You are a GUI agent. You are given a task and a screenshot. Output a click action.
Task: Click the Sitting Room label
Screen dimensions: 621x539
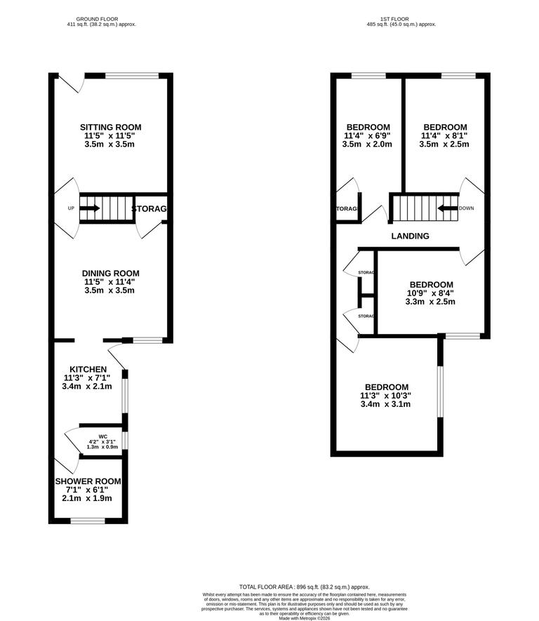tap(109, 127)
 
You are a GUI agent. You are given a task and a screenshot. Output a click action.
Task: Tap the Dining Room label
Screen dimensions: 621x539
tap(110, 273)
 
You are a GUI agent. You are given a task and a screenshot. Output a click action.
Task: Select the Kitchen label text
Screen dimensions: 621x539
tap(88, 369)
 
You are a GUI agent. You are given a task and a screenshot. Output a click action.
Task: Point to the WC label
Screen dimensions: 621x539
tap(102, 436)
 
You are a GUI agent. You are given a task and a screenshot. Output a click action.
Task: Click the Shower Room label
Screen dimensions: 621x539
tap(88, 481)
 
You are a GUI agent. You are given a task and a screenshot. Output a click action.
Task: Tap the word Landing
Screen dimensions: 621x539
tap(410, 236)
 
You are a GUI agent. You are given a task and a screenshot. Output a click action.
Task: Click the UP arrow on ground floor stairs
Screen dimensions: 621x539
tap(90, 208)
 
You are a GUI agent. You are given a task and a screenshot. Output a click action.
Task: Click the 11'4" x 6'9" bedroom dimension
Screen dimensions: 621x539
tap(367, 135)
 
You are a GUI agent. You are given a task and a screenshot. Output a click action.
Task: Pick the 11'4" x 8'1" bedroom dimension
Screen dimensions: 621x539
tap(444, 135)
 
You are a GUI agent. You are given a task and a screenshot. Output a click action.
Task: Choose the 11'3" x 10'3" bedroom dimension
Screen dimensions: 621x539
tap(385, 395)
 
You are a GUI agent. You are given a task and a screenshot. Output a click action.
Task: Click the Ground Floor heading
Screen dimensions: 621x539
tap(98, 19)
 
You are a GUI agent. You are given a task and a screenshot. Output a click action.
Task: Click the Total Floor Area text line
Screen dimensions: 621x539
tap(304, 587)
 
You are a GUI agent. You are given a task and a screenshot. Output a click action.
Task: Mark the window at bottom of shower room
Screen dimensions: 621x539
tap(88, 520)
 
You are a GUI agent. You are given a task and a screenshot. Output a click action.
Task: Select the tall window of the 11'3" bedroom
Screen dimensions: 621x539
tap(440, 390)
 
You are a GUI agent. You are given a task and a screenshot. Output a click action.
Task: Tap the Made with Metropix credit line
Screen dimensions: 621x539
tap(304, 617)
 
